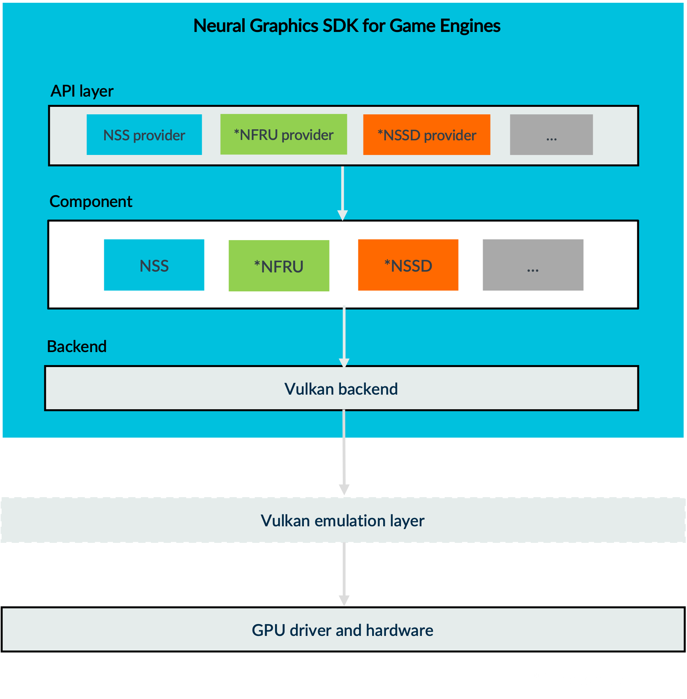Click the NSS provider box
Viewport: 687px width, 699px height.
[144, 135]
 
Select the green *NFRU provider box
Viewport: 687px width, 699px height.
[283, 134]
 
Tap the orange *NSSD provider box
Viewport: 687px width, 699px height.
[427, 135]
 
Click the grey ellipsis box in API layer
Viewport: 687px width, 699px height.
[551, 135]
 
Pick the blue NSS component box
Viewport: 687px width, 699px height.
[154, 265]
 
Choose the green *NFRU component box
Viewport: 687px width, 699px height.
[279, 266]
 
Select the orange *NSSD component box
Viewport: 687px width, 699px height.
[408, 265]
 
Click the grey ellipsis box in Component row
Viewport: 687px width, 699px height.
[533, 265]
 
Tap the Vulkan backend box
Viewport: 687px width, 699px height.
[341, 389]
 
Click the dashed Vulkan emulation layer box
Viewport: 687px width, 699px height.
[343, 520]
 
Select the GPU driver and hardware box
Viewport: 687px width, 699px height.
[343, 630]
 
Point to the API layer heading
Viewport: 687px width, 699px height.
[82, 91]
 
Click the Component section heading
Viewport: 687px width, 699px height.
[91, 201]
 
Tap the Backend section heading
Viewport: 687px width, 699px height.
[77, 347]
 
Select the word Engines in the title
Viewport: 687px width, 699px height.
[470, 26]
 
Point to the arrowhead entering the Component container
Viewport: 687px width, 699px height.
[343, 215]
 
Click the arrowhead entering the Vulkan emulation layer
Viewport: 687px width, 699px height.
[344, 490]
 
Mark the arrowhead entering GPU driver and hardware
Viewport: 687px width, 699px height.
[344, 600]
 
